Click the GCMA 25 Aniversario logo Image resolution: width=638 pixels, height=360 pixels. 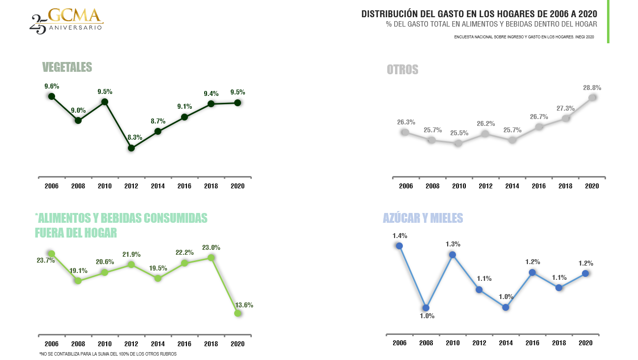pyautogui.click(x=66, y=21)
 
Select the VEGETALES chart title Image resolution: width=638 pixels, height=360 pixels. pyautogui.click(x=67, y=67)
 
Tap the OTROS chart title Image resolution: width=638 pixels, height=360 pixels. pyautogui.click(x=402, y=70)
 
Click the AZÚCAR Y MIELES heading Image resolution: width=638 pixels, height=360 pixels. pyautogui.click(x=423, y=218)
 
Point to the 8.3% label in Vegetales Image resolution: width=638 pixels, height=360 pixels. pyautogui.click(x=135, y=137)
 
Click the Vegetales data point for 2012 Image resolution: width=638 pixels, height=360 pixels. pyautogui.click(x=131, y=148)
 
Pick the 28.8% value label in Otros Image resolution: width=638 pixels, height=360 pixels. pyautogui.click(x=592, y=88)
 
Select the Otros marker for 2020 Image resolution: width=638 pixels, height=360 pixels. pyautogui.click(x=592, y=98)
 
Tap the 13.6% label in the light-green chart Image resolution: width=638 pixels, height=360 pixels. pyautogui.click(x=244, y=305)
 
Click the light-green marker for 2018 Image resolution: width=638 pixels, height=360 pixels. pyautogui.click(x=211, y=258)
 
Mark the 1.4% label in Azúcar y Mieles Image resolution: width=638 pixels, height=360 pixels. pyautogui.click(x=400, y=236)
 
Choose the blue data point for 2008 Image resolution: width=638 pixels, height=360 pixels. pyautogui.click(x=426, y=308)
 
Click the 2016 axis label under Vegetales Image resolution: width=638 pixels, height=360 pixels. pyautogui.click(x=184, y=186)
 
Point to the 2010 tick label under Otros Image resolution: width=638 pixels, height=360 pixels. pyautogui.click(x=459, y=186)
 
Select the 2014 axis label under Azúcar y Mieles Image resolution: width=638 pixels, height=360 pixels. pyautogui.click(x=506, y=343)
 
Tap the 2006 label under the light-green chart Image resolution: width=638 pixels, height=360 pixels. pyautogui.click(x=52, y=344)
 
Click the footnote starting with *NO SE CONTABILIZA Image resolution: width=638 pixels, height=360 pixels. pyautogui.click(x=108, y=354)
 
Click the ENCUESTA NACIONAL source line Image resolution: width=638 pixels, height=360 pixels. pyautogui.click(x=524, y=37)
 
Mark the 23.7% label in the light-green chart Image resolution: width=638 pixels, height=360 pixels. pyautogui.click(x=46, y=260)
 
